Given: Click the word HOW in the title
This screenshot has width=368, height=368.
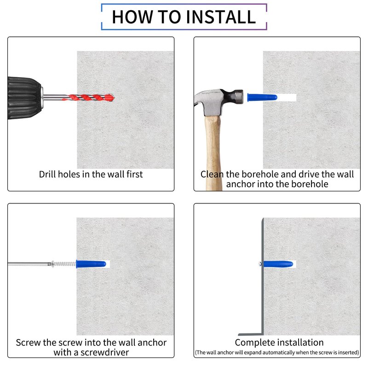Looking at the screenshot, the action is (x=132, y=17).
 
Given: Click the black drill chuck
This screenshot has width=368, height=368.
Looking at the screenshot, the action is (x=25, y=98).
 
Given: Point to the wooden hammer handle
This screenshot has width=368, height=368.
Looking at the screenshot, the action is (x=213, y=153).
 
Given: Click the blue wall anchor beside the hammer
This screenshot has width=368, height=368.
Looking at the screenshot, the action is (x=262, y=97).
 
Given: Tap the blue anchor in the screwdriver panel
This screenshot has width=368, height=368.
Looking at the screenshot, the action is (x=91, y=264).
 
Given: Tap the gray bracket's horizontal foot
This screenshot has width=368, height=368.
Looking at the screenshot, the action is (x=251, y=334).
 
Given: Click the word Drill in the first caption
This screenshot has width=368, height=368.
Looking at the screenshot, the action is (x=47, y=174).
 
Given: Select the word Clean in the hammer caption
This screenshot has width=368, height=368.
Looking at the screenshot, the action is (x=212, y=174).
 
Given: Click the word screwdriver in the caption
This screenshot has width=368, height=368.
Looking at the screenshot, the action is (x=105, y=352).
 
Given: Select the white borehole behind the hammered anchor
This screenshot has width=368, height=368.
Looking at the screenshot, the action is (x=287, y=98).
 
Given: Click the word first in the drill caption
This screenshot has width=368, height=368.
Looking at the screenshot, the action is (x=135, y=174).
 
